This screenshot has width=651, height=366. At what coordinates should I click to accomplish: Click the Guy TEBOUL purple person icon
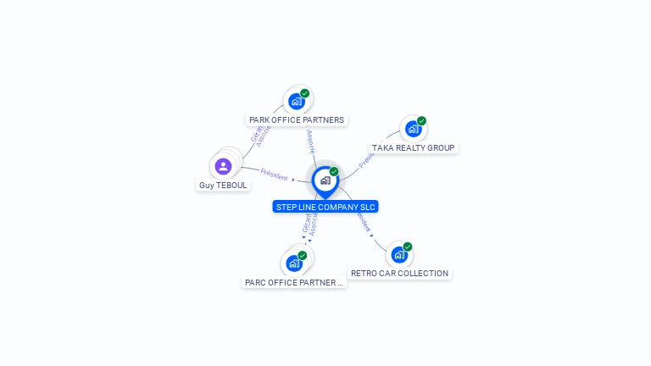tap(223, 166)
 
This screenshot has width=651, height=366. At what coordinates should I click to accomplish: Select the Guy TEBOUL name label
tap(224, 186)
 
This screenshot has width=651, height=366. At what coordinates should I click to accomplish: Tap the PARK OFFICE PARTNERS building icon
tap(296, 102)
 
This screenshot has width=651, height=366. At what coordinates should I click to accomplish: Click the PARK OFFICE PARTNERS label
tap(297, 120)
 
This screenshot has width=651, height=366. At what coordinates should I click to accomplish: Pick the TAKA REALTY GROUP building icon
tap(413, 130)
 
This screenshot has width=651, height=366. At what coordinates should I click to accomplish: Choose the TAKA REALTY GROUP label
tap(414, 148)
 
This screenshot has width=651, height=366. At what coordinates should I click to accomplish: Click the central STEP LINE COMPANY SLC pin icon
tap(325, 180)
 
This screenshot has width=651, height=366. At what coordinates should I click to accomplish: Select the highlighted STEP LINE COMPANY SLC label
tap(325, 207)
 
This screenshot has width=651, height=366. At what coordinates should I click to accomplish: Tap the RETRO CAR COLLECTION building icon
tap(399, 255)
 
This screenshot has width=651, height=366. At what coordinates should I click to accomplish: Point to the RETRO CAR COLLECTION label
tap(399, 274)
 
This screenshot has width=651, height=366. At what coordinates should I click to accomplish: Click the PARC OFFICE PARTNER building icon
tap(294, 263)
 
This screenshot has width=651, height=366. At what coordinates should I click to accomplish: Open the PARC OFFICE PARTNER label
tap(294, 283)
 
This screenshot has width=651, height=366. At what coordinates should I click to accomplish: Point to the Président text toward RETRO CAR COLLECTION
tap(363, 222)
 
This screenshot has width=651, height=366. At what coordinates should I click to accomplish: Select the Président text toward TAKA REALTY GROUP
tap(366, 158)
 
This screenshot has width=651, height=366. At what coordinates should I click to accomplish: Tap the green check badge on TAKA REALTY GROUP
tap(421, 121)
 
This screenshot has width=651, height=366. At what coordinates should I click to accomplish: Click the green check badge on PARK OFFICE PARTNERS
tap(304, 93)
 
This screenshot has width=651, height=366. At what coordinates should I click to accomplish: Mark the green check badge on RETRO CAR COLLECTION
tap(408, 247)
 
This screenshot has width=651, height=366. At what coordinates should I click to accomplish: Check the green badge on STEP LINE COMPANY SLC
tap(334, 172)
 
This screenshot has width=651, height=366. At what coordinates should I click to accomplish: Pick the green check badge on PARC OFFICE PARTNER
tap(303, 255)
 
